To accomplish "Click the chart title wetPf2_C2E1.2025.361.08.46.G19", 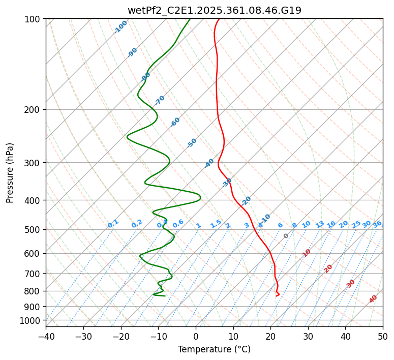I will click(x=214, y=10).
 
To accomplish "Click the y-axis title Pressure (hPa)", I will click(x=10, y=172).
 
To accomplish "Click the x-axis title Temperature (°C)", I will click(x=214, y=349).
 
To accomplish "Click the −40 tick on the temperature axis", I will click(x=46, y=336).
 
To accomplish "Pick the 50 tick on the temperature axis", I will click(x=383, y=336).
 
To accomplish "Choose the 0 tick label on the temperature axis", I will click(x=196, y=336).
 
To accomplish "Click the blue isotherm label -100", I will click(x=120, y=27).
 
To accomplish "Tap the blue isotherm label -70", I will click(x=160, y=100).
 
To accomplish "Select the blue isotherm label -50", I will click(x=192, y=143).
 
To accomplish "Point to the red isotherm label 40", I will click(x=373, y=299).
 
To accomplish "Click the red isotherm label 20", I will click(x=328, y=268).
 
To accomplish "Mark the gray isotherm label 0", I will click(x=286, y=236).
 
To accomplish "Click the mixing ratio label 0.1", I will click(x=113, y=223).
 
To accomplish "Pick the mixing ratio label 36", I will click(x=377, y=224).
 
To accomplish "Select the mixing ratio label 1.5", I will click(x=216, y=223).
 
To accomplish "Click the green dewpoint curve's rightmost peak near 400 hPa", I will click(x=201, y=197).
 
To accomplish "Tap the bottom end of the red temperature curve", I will click(x=277, y=295).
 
